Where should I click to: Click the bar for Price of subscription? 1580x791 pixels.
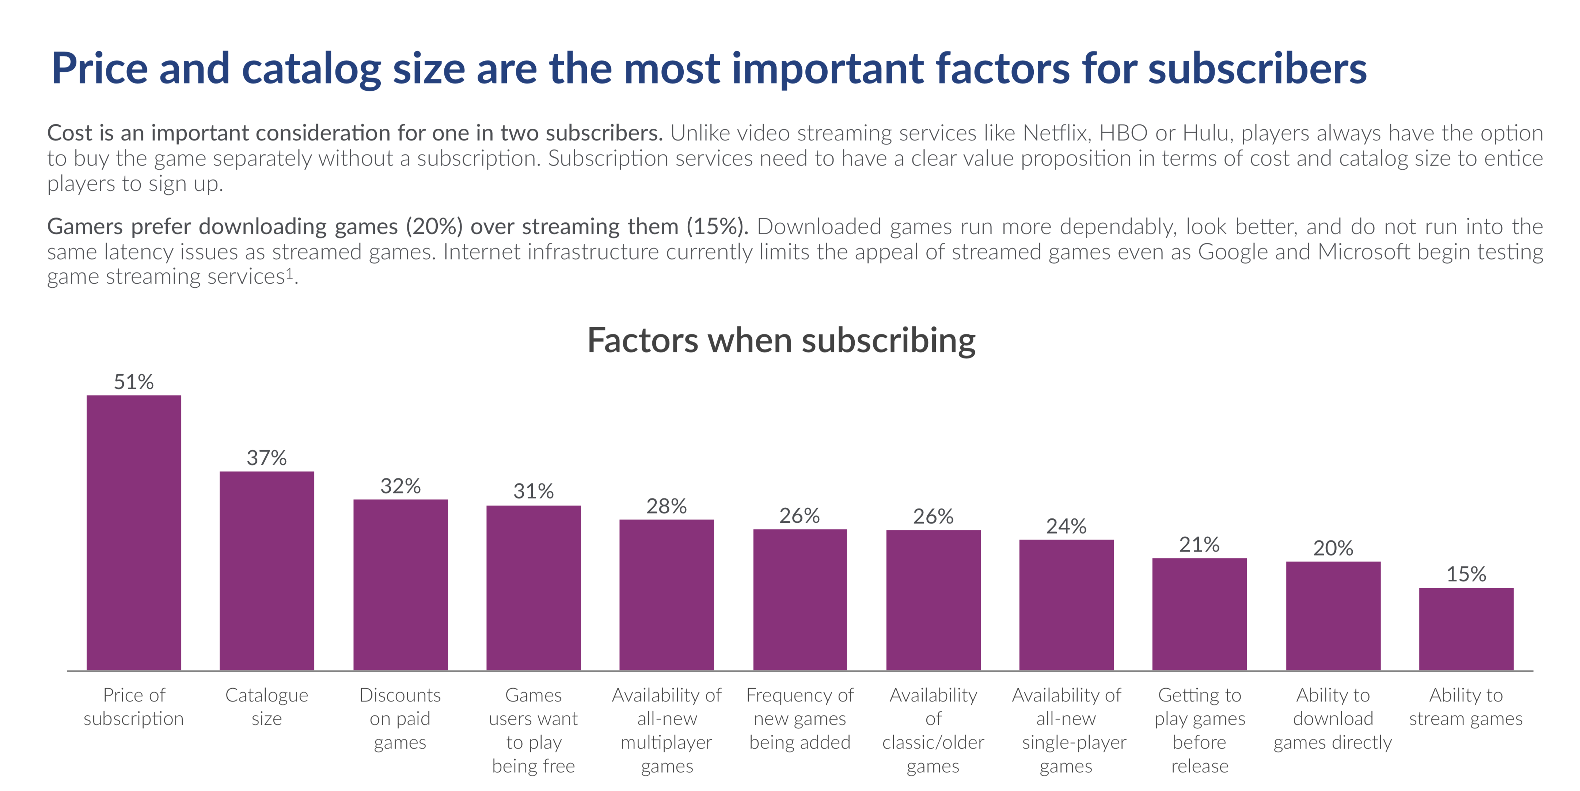pyautogui.click(x=134, y=532)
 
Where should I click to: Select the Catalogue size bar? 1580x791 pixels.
pyautogui.click(x=267, y=570)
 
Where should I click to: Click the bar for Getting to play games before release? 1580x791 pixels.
pyautogui.click(x=1199, y=614)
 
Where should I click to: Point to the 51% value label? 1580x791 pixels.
pyautogui.click(x=134, y=382)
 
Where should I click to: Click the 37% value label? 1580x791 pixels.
pyautogui.click(x=267, y=458)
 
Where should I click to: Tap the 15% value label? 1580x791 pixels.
pyautogui.click(x=1466, y=574)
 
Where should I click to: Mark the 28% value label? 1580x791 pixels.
pyautogui.click(x=667, y=506)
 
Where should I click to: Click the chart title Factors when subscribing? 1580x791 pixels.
pyautogui.click(x=781, y=341)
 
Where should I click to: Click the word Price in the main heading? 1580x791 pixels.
pyautogui.click(x=99, y=69)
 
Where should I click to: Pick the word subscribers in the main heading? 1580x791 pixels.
pyautogui.click(x=1257, y=69)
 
